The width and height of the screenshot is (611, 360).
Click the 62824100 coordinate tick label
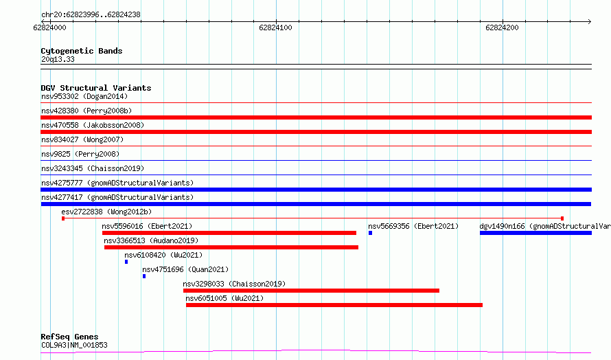tap(275, 27)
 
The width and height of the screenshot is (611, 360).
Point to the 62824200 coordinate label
tap(502, 27)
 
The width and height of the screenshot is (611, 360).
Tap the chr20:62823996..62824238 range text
tap(91, 15)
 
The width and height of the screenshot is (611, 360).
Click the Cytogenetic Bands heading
tap(82, 51)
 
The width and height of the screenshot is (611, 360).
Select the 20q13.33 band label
tap(58, 59)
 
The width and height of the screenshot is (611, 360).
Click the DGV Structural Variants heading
tap(96, 88)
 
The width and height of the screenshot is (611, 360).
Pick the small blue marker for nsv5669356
tap(370, 233)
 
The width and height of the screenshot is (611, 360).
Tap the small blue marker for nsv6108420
tap(126, 262)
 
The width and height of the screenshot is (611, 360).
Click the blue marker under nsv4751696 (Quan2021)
tap(144, 276)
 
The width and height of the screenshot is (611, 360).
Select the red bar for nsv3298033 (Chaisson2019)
tap(312, 291)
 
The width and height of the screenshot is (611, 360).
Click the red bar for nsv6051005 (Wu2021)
tap(334, 305)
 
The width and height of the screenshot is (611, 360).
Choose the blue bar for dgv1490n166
tap(535, 233)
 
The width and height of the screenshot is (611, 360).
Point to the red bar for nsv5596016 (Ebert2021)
tap(229, 233)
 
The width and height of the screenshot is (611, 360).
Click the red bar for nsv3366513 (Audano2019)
tap(231, 247)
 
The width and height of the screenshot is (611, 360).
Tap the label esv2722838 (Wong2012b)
tap(106, 212)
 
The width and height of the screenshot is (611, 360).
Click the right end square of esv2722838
tap(562, 218)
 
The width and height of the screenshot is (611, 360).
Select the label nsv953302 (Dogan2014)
tap(84, 96)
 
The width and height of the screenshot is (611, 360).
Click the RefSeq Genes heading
tap(69, 337)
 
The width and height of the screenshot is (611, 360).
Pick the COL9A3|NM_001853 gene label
tap(74, 345)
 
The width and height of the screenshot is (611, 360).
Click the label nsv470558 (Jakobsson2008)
tap(93, 125)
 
